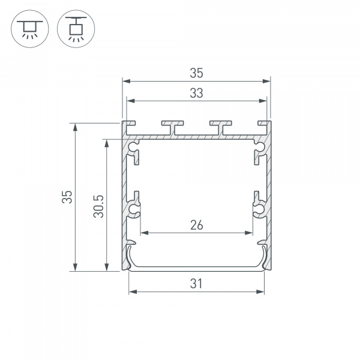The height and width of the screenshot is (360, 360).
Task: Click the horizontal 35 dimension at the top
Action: click(196, 73)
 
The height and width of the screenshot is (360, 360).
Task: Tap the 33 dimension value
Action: click(196, 93)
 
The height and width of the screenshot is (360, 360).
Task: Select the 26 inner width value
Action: click(196, 225)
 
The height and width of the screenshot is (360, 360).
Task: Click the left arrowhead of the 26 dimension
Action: click(143, 233)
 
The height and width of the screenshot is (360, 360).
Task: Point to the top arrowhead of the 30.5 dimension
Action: click(107, 143)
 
